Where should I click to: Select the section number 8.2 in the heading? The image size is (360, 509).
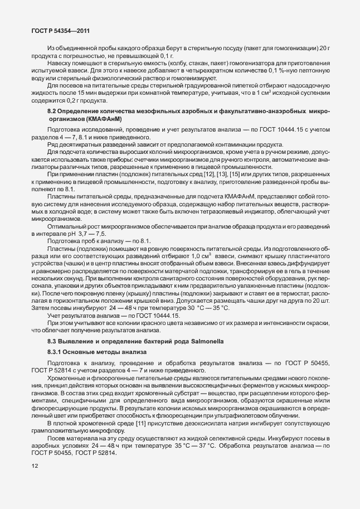(x=53, y=113)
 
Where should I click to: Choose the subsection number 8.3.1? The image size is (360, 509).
(x=57, y=352)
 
